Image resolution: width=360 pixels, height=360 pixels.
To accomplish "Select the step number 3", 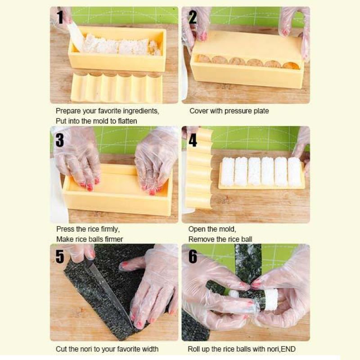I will coord(59,139).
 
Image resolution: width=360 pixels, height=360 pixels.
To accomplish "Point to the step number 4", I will coord(193,139).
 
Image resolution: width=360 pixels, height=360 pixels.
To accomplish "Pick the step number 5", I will coord(60,256).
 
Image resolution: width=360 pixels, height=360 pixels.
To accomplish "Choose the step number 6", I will coord(193,256).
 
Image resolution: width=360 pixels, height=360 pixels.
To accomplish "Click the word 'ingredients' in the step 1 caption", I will coord(139,111).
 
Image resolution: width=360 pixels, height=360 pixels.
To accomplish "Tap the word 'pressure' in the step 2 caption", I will coord(237,111).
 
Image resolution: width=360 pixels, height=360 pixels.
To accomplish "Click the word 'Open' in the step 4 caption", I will coord(197,229).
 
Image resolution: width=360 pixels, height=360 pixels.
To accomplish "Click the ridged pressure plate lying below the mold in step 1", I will coord(116,88).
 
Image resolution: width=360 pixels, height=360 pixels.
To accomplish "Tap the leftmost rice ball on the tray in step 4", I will coord(228,171).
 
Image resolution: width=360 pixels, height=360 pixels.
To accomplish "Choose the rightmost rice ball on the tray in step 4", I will coord(294,171).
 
